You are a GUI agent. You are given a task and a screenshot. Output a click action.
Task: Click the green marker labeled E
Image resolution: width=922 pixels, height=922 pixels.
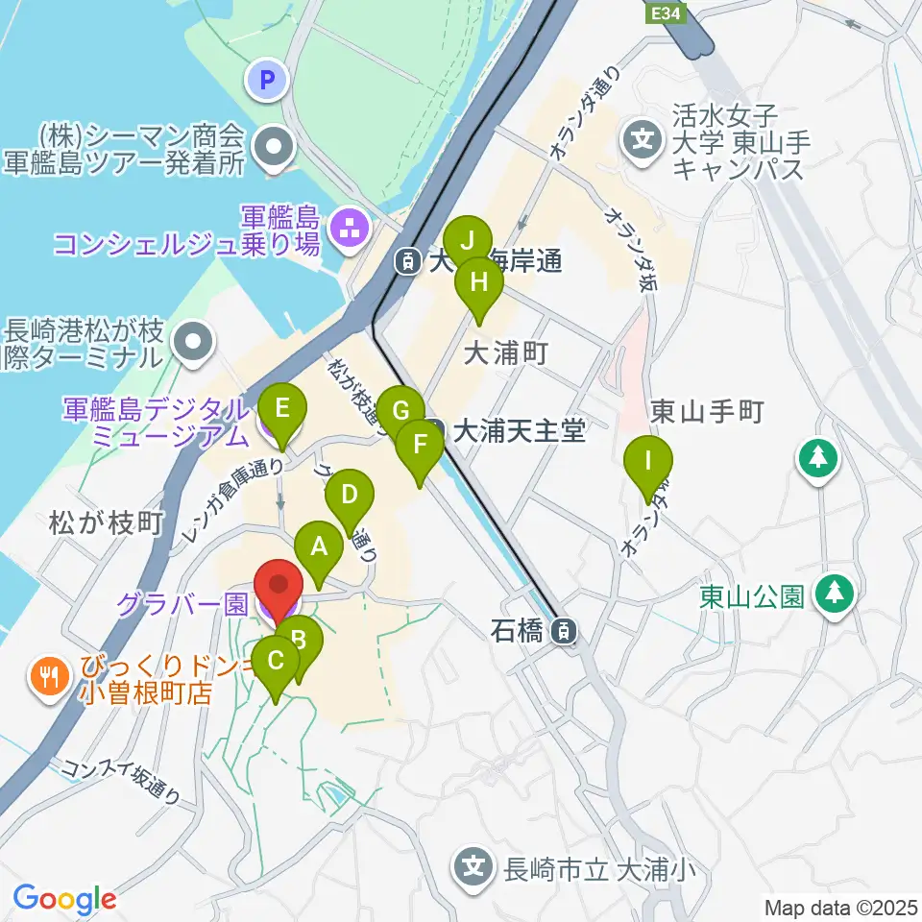click(280, 409)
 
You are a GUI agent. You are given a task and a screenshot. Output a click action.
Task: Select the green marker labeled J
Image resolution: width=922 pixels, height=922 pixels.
click(468, 240)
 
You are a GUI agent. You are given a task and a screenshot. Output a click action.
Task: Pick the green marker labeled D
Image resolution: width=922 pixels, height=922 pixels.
click(350, 495)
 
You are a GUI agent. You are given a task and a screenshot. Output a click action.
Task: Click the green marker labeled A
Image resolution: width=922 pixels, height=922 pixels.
click(319, 548)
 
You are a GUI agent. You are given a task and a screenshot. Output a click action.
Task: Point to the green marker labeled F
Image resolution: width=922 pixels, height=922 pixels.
click(420, 445)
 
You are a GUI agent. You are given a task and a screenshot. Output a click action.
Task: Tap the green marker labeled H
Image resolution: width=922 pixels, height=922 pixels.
click(478, 283)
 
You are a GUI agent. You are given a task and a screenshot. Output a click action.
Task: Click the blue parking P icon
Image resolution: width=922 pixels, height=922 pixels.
click(268, 80)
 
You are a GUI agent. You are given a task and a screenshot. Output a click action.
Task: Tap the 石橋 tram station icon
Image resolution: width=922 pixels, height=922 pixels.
click(566, 631)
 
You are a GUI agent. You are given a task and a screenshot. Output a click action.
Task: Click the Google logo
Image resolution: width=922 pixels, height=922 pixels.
click(64, 900)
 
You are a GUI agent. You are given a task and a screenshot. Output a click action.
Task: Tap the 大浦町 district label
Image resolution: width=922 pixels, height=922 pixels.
click(504, 353)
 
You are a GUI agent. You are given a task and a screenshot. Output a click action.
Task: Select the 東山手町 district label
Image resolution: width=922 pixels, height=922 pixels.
click(706, 412)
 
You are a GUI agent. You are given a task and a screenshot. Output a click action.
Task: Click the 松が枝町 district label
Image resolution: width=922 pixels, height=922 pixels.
click(105, 523)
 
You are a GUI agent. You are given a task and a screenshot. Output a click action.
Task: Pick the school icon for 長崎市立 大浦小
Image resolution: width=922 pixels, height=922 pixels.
click(473, 867)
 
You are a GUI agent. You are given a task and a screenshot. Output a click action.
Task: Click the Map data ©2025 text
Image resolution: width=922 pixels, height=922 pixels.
click(839, 906)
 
